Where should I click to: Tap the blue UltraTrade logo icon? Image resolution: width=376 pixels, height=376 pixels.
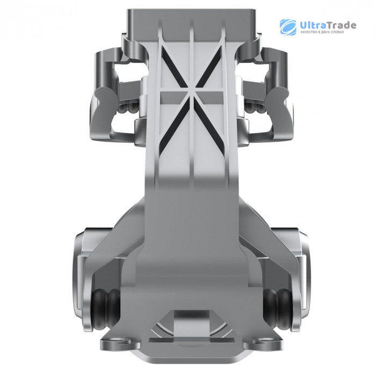(x=288, y=27)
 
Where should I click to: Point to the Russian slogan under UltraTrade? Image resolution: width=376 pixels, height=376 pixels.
(x=322, y=32)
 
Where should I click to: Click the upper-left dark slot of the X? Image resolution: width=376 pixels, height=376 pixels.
(x=174, y=66)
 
